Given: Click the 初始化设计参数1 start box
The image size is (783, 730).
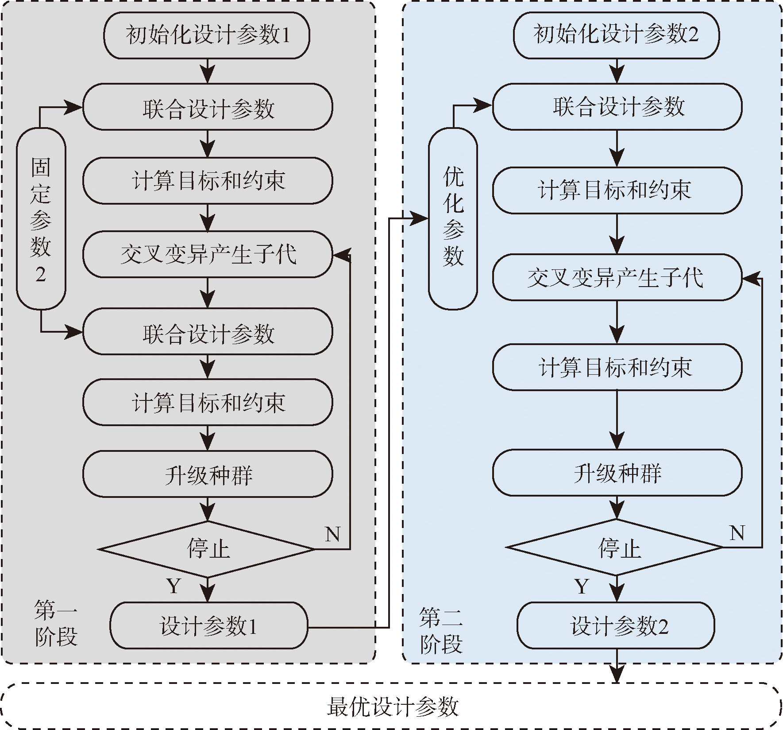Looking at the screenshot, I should (207, 35).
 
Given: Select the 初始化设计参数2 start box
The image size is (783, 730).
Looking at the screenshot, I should (616, 35).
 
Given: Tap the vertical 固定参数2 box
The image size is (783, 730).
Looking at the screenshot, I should (41, 219).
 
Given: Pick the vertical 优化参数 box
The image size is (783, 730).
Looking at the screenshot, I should (453, 219).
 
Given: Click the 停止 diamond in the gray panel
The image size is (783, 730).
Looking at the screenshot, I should (207, 549).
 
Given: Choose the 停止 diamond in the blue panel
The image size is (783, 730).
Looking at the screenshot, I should (616, 548).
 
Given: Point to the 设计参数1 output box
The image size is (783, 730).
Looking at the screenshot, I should (208, 625).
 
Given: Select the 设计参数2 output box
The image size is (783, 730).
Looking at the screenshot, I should (616, 625).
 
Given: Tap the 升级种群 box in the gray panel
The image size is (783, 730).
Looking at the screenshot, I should (208, 474).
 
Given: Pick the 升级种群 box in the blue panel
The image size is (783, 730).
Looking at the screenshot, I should (617, 473).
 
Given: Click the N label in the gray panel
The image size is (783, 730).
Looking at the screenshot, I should (332, 534).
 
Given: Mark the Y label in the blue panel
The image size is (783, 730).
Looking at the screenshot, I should (582, 586).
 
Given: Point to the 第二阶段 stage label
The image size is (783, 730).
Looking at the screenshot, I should (441, 631).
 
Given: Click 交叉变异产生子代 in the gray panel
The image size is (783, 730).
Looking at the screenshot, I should (208, 254).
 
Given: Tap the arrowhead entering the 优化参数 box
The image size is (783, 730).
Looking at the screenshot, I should (420, 218).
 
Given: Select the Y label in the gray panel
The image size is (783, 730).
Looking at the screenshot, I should (174, 586).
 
